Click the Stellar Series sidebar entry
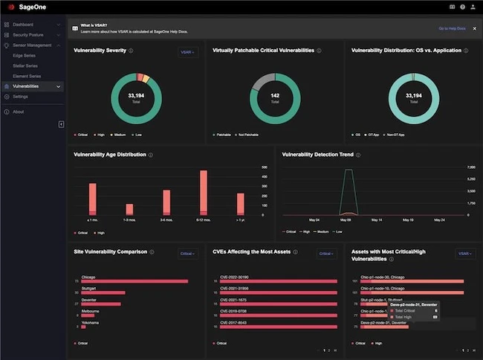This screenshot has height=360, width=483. click(27, 65)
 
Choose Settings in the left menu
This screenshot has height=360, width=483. click(20, 97)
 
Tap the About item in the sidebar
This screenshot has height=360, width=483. click(18, 112)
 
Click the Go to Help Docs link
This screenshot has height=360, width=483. click(452, 28)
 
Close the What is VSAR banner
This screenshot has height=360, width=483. click(475, 28)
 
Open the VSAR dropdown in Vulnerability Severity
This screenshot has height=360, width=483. click(188, 53)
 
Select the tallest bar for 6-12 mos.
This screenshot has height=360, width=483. click(203, 193)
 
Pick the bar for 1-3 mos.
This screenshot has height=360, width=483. click(129, 209)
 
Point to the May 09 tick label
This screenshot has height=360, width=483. click(346, 220)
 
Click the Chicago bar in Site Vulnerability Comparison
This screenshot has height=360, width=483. click(134, 281)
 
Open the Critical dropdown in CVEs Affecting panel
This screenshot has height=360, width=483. click(326, 254)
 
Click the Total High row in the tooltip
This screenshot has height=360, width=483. click(413, 317)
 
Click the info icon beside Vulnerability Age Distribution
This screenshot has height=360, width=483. click(151, 155)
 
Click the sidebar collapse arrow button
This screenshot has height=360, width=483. click(61, 124)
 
